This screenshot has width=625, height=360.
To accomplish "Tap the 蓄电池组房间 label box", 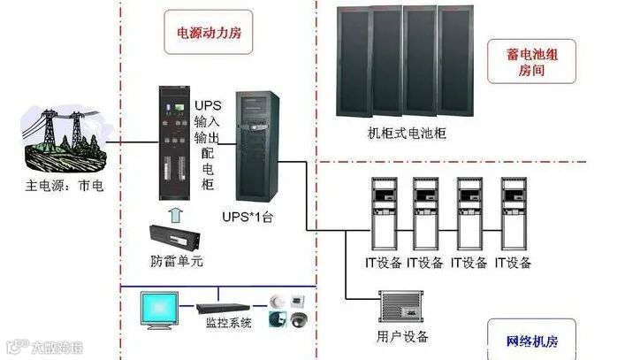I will [x=529, y=61].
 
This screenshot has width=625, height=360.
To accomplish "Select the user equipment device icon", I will [x=402, y=309].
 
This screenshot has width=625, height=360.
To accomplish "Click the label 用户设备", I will [x=402, y=336].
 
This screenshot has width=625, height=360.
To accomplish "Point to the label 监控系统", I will [x=229, y=323].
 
